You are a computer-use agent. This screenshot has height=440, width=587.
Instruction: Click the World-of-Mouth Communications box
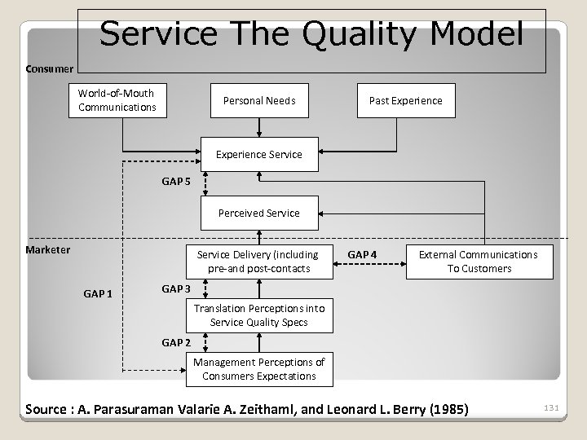[117, 100]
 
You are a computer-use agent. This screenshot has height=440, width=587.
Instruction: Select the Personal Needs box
[259, 100]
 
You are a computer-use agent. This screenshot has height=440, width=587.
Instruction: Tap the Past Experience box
[405, 100]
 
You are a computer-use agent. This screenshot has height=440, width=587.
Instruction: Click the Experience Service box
[258, 154]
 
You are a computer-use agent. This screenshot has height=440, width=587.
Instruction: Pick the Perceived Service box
[258, 213]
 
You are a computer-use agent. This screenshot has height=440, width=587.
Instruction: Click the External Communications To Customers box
[478, 261]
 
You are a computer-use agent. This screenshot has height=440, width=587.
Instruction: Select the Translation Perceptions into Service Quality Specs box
[258, 315]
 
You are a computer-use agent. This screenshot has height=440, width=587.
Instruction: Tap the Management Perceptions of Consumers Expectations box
[258, 369]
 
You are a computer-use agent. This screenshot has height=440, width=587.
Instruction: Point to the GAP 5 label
[176, 182]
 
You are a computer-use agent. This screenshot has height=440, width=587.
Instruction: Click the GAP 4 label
[362, 254]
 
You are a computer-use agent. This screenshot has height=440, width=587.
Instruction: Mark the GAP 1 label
[99, 293]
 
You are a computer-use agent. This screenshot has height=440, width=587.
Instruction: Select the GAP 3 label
[176, 288]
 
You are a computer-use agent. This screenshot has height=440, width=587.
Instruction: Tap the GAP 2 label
[176, 343]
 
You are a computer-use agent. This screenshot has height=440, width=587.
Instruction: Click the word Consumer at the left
[50, 68]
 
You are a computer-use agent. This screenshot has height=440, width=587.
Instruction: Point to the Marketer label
[48, 249]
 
